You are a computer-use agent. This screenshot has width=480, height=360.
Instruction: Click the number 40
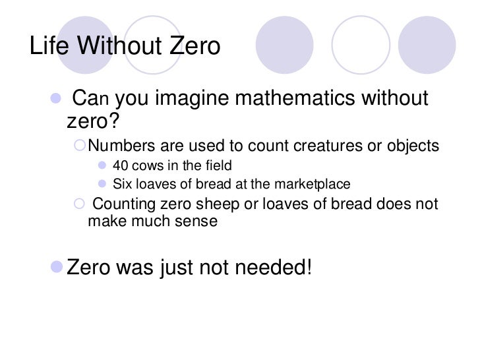click(121, 165)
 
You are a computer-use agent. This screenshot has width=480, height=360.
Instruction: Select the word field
click(218, 165)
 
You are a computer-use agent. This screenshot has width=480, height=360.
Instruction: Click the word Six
click(123, 184)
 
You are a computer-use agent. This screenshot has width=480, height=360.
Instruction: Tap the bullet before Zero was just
click(57, 268)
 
